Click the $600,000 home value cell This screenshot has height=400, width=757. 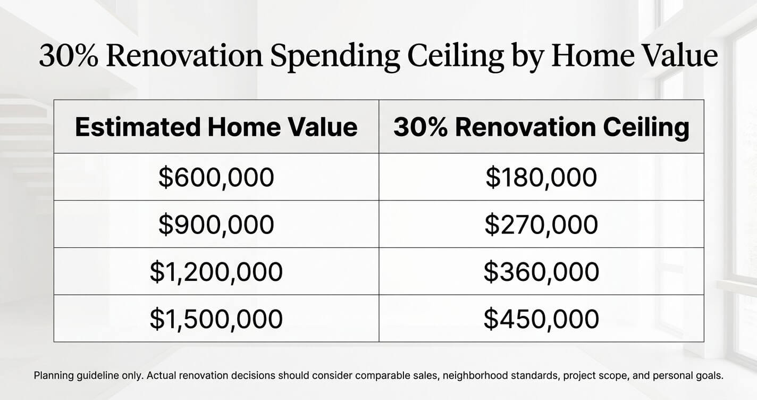tap(216, 177)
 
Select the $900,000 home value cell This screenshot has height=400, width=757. tap(216, 224)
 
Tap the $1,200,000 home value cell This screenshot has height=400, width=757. tap(216, 271)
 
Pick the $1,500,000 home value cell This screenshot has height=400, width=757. tap(216, 319)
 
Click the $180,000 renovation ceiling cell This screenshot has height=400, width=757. tap(541, 177)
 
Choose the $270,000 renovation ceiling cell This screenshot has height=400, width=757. tap(541, 224)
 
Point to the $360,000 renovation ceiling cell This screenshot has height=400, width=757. tap(541, 271)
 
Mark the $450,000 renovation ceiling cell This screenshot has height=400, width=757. tap(541, 319)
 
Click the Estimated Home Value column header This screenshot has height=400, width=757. tap(216, 127)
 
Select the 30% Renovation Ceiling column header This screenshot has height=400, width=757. tap(541, 127)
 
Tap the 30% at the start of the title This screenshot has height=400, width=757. tap(69, 55)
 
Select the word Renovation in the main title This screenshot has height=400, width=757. tap(184, 55)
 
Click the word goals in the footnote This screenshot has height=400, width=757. tap(710, 376)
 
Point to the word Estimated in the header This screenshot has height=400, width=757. tap(138, 127)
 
